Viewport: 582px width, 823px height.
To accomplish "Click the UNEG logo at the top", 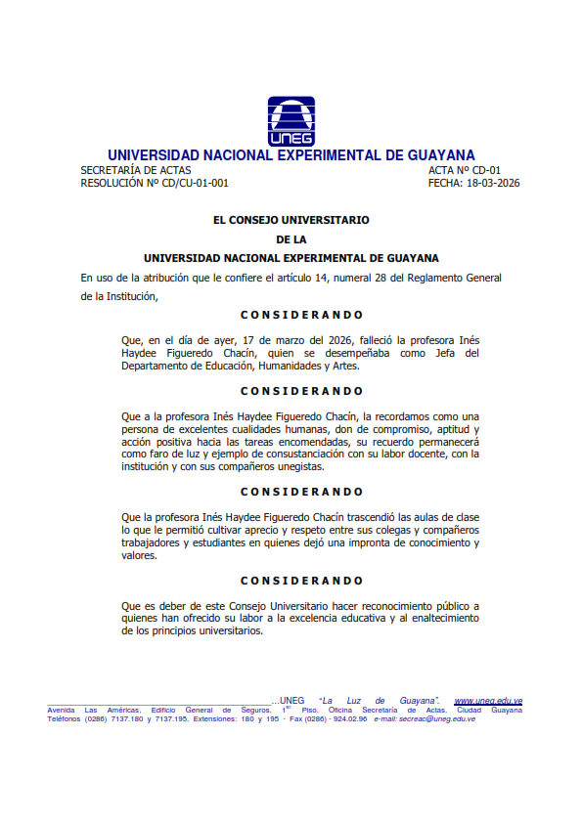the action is click(x=291, y=121).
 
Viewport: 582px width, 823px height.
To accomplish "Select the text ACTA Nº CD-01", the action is click(x=465, y=170).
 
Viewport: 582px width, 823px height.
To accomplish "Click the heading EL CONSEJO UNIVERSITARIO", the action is click(x=291, y=220).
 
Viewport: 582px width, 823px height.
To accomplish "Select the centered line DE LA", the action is click(x=291, y=238).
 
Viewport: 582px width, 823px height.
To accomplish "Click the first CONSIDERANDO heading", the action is click(x=301, y=315).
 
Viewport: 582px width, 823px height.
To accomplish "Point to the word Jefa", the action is click(x=443, y=353).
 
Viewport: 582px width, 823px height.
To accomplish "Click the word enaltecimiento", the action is click(x=431, y=619).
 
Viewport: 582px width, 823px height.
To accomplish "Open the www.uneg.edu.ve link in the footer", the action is click(x=487, y=701).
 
